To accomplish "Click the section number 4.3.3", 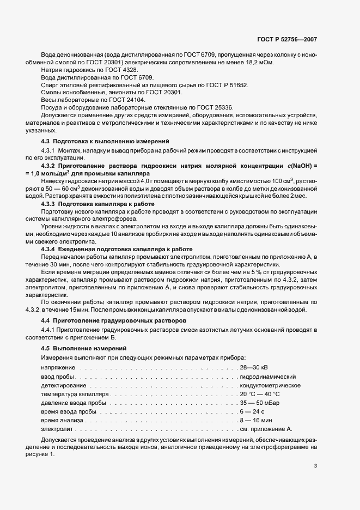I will tap(50, 204).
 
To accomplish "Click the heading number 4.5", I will tap(47, 348).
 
